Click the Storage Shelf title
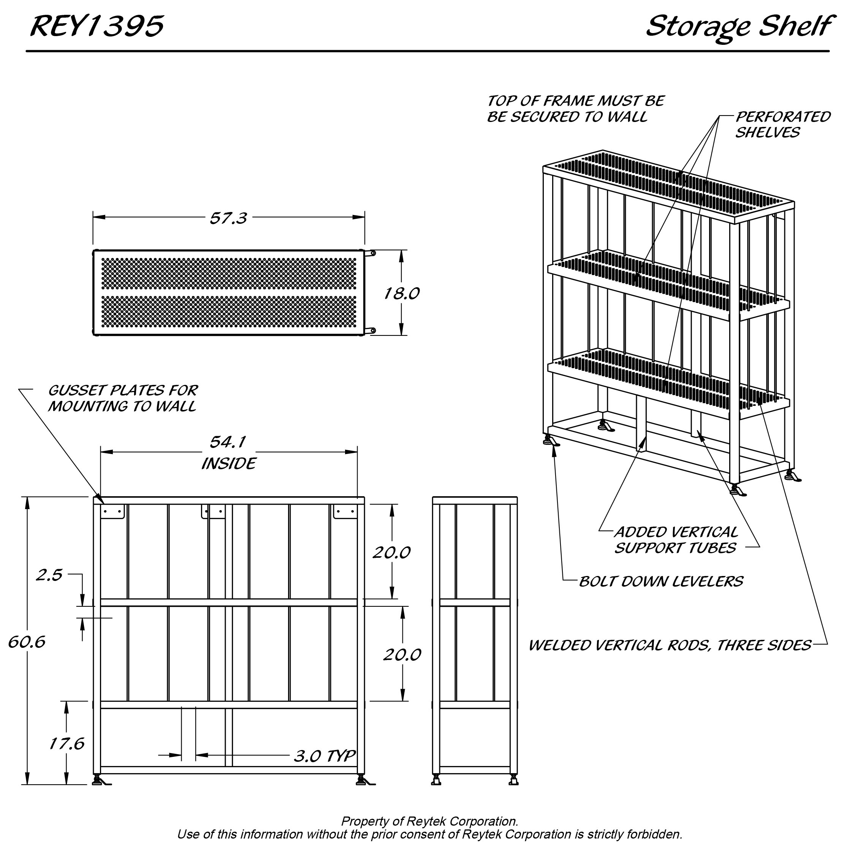click(x=738, y=27)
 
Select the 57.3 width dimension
click(x=228, y=218)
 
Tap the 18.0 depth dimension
click(x=401, y=293)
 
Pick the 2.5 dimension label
click(x=49, y=575)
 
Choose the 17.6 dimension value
click(x=66, y=744)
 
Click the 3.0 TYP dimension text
click(x=325, y=756)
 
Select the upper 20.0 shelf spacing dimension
click(x=391, y=552)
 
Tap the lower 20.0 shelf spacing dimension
click(x=402, y=654)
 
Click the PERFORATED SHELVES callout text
click(x=782, y=124)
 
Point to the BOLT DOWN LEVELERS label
click(x=661, y=581)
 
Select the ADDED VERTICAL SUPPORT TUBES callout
click(x=676, y=540)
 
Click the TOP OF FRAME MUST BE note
click(x=575, y=109)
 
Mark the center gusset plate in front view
click(x=214, y=511)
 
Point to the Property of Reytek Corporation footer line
click(x=429, y=821)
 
